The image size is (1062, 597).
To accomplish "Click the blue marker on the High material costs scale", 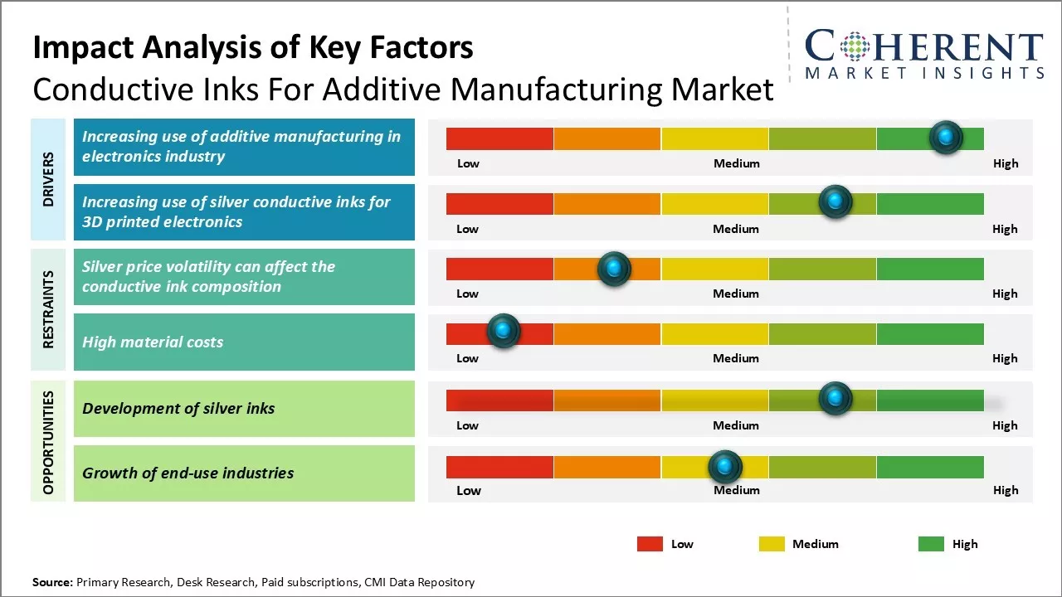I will [x=503, y=330].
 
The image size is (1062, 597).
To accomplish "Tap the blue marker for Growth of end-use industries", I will [x=725, y=467].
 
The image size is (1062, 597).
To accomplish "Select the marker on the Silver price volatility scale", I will [x=614, y=269].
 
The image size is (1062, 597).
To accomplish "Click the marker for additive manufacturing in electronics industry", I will [x=945, y=137].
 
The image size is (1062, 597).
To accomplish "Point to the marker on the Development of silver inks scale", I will [x=835, y=399].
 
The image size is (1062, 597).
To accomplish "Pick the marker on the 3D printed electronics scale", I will [x=835, y=201].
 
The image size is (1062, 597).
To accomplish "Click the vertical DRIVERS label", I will [x=49, y=179].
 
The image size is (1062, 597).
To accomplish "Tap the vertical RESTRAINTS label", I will [x=49, y=309].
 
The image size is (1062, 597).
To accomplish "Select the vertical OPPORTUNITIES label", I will [x=49, y=442].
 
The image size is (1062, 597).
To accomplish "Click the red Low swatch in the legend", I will [x=650, y=544].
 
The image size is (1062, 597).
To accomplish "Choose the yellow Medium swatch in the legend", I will [x=772, y=544].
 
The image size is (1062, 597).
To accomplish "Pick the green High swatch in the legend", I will [x=931, y=544].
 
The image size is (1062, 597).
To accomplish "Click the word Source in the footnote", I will [x=52, y=582].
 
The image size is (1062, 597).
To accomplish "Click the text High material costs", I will [x=153, y=342].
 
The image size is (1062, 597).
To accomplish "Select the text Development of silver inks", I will [x=178, y=408].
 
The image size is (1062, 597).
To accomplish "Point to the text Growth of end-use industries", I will [x=188, y=473].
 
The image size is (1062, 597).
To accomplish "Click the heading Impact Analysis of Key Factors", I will [x=253, y=48].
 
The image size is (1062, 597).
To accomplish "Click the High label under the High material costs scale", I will [x=1005, y=358].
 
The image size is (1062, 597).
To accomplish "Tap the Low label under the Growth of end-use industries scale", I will [x=468, y=490].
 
